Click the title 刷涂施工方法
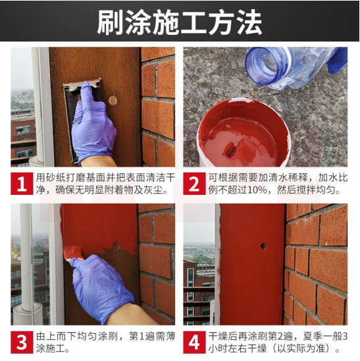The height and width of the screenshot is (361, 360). tap(180, 22)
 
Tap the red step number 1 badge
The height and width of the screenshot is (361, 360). tap(22, 184)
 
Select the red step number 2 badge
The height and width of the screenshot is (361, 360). tap(194, 184)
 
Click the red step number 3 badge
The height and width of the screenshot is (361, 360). tap(22, 342)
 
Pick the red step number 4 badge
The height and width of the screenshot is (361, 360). tap(194, 342)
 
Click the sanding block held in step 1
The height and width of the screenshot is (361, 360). tap(82, 115)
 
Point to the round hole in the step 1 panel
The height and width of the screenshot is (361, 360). tap(113, 100)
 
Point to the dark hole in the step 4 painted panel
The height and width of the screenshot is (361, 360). tap(264, 246)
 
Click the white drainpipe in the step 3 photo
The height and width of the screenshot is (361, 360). tap(26, 258)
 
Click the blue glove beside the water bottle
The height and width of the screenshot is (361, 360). tap(338, 60)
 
